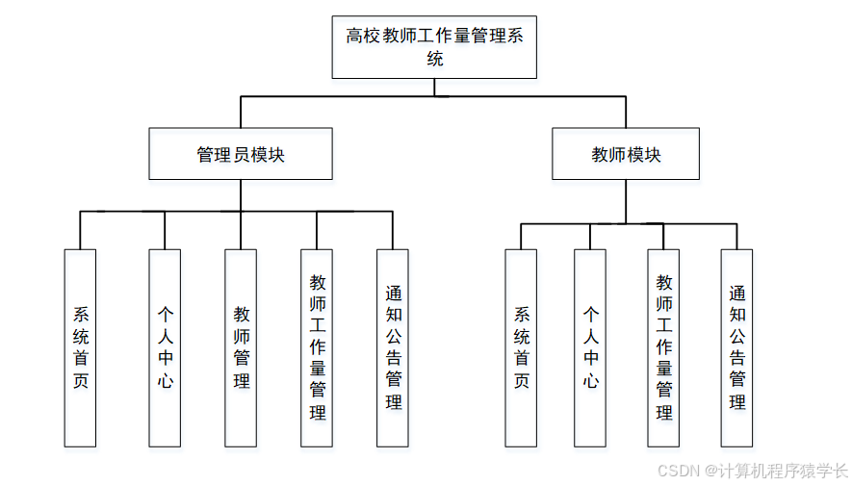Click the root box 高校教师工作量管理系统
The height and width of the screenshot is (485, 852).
433,46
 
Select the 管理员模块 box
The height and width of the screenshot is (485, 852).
241,154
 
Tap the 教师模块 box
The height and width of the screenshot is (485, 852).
626,154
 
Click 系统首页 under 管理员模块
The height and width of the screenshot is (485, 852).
80,347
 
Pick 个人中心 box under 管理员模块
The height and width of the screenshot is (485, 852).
165,347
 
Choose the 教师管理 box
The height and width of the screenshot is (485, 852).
241,347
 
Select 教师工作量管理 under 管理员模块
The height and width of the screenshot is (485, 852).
317,347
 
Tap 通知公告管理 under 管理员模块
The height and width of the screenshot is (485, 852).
393,347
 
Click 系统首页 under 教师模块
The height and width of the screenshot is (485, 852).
521,347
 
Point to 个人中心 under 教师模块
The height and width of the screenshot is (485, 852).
590,347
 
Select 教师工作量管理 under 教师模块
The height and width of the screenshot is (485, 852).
663,347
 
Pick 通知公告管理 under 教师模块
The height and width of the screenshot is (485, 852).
736,347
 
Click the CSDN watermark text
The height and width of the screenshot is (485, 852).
678,470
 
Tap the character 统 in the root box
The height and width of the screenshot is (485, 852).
435,59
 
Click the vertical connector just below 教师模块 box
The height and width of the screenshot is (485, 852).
626,200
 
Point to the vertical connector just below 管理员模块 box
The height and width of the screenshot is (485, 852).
241,194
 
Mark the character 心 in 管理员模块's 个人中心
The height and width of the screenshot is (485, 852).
165,381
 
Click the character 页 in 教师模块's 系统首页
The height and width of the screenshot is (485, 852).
521,381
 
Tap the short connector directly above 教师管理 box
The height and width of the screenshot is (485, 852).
241,231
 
